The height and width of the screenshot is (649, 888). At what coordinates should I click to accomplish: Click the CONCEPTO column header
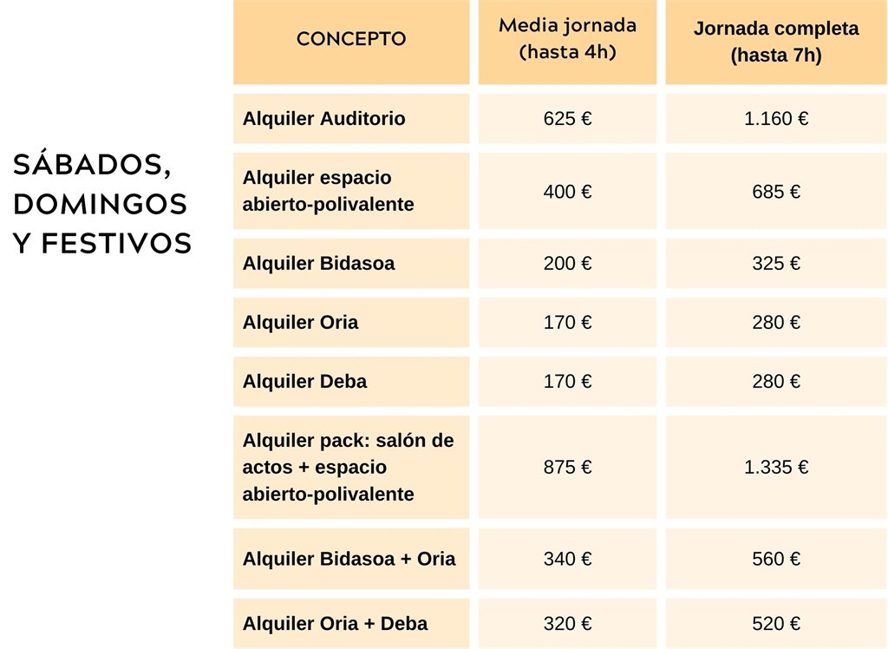[351, 39]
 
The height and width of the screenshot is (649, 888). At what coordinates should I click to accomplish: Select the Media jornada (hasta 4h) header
[567, 38]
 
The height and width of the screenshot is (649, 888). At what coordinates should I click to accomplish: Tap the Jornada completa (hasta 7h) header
[776, 42]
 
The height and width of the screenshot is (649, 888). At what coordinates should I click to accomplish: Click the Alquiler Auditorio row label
[324, 119]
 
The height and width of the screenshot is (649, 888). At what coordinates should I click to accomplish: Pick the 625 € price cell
[567, 119]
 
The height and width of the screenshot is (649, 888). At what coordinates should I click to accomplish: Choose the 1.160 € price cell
[776, 119]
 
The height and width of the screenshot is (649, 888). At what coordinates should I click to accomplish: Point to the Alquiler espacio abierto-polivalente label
[328, 191]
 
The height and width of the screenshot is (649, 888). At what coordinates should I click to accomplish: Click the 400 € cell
[567, 192]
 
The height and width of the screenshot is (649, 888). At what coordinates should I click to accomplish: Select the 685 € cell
[776, 192]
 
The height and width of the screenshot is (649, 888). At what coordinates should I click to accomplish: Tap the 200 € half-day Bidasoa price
[567, 264]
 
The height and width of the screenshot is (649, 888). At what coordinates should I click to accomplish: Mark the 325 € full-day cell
[776, 264]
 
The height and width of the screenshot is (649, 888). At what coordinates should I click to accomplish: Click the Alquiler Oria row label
[300, 323]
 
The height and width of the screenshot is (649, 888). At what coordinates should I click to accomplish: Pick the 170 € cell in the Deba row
[567, 382]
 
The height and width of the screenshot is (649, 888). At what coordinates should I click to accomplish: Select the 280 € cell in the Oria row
[776, 323]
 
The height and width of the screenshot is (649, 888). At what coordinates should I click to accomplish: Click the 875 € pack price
[567, 468]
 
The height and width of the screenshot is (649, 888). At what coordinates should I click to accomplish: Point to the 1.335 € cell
[776, 468]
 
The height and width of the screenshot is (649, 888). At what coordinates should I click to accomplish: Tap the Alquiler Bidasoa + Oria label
[349, 559]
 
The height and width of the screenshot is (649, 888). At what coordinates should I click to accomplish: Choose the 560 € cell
[776, 559]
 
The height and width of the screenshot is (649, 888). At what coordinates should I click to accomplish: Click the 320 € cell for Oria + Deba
[567, 624]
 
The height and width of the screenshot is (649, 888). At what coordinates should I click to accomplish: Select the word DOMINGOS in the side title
[101, 205]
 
